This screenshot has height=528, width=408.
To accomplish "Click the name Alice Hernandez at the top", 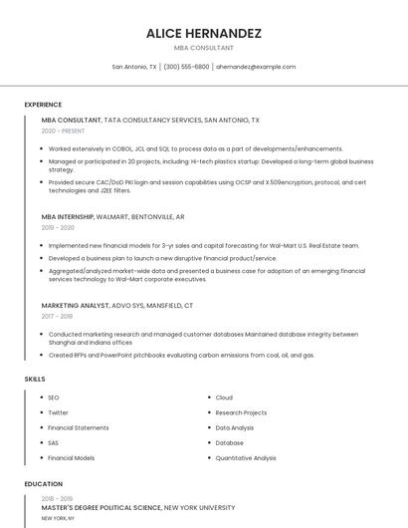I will [x=204, y=33].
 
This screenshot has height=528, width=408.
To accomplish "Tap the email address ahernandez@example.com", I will [x=256, y=67].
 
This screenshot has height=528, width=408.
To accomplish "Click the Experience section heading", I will [x=43, y=105].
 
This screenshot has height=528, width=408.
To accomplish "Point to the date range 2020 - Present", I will [x=63, y=131].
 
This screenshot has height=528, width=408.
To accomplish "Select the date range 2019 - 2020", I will [x=59, y=227].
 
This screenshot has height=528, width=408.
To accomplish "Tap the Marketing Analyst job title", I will [x=75, y=305].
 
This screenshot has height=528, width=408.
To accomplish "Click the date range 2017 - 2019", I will [x=59, y=316].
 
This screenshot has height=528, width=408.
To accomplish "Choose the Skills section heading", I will [x=35, y=379].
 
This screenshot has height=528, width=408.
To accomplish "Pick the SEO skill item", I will [x=54, y=397].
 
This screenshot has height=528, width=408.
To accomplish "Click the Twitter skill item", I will [x=59, y=412].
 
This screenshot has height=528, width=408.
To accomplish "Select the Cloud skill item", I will [x=224, y=397].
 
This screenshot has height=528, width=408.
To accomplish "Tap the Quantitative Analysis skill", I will [x=246, y=458].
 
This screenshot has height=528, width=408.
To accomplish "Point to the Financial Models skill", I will [x=72, y=458].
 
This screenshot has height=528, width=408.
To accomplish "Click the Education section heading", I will [x=43, y=484].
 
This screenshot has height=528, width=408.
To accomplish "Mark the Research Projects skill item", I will [x=241, y=412].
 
